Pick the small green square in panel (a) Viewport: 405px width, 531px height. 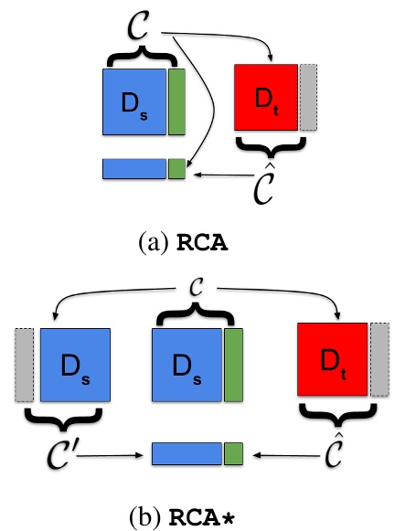click(176, 168)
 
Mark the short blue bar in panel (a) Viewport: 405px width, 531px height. click(133, 168)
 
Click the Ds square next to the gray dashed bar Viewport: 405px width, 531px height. click(75, 365)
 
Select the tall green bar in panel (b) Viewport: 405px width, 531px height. click(232, 365)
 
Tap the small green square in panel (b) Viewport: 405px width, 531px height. click(232, 452)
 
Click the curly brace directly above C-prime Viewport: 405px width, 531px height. click(62, 417)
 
